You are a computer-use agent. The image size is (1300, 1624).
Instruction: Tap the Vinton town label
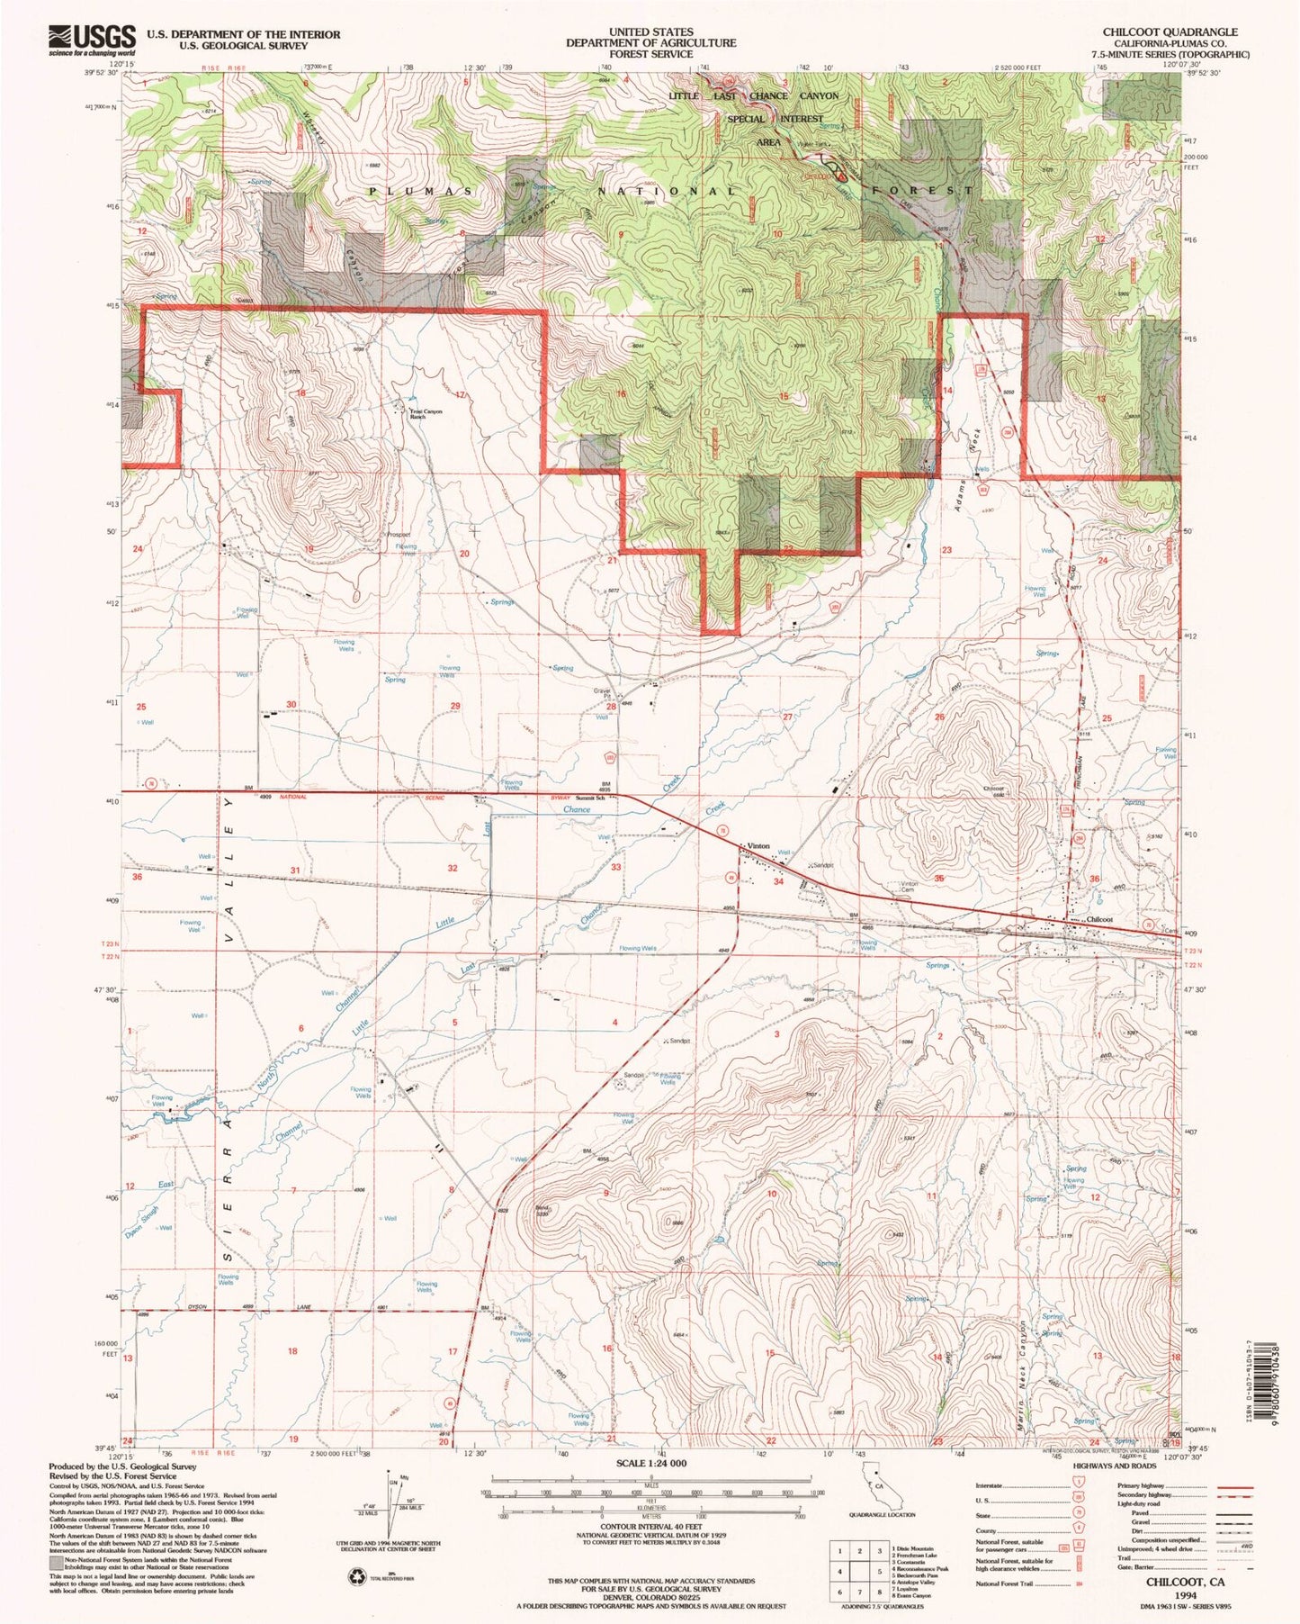(x=758, y=846)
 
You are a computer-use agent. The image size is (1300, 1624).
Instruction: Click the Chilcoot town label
(x=1099, y=919)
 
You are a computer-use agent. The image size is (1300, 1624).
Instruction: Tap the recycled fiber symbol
(x=357, y=1575)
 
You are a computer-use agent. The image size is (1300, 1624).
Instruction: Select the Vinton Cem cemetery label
(x=910, y=887)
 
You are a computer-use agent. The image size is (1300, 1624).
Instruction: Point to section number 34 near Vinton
(x=779, y=882)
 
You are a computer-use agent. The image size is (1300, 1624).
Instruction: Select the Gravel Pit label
(x=601, y=694)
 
